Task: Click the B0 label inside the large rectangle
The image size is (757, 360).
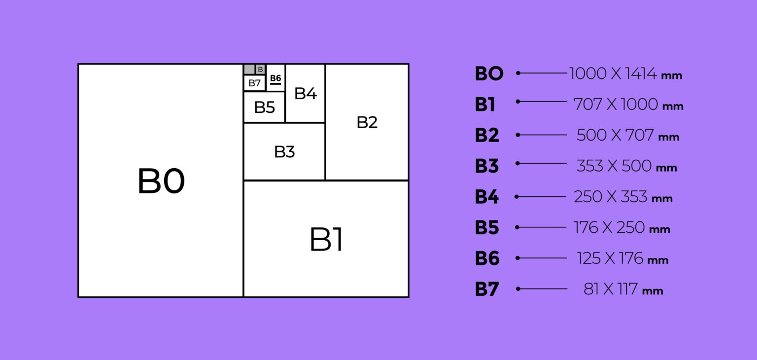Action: point(161,181)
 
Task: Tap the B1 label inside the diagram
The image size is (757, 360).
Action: point(326,240)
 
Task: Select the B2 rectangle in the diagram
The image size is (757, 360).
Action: point(367,122)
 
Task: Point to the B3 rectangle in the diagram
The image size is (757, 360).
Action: point(284,152)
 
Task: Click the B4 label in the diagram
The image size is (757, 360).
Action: point(305,93)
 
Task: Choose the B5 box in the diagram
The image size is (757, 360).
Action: point(264,107)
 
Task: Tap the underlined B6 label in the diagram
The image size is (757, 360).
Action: point(275,79)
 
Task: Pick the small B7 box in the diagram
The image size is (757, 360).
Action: point(254,83)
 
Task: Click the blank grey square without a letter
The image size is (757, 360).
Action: point(249,70)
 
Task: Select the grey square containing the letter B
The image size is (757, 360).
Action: point(260,70)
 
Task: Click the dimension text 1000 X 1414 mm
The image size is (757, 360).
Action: point(625,74)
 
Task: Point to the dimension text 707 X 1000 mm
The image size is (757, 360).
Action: point(628,105)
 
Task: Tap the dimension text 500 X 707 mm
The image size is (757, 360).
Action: point(627,135)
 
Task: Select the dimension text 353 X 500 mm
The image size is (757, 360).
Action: point(626,166)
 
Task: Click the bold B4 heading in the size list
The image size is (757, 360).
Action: point(486,197)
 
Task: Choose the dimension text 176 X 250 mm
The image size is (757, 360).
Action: point(621,227)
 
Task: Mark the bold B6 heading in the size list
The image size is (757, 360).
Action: point(487,258)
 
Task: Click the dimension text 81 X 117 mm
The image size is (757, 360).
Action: point(623,289)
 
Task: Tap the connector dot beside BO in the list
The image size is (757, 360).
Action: point(518,73)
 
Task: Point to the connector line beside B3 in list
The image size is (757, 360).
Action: point(543,163)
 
